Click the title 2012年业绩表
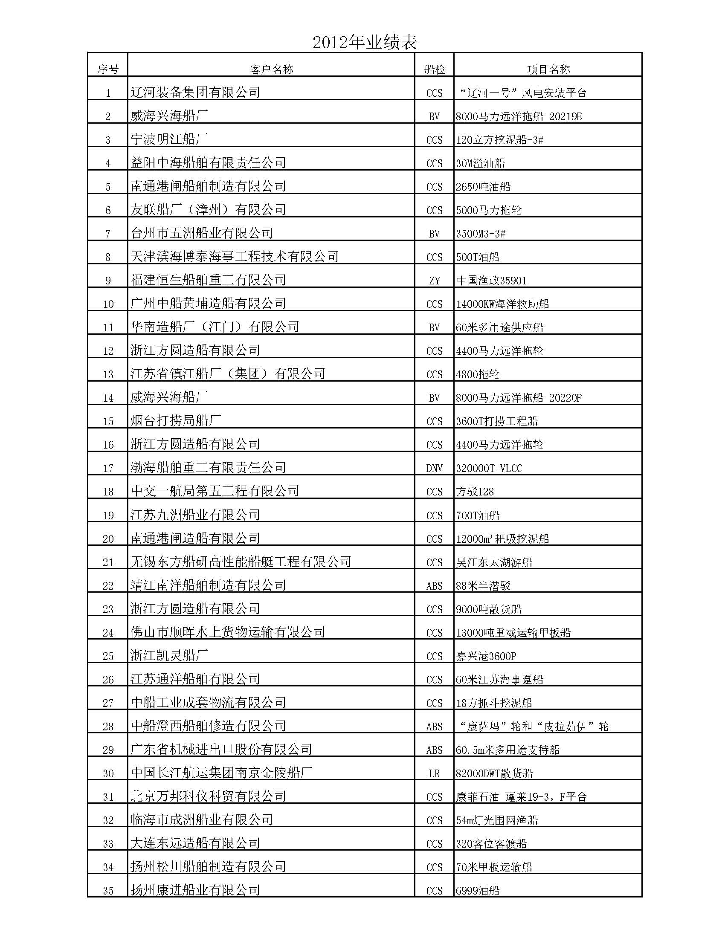pos(365,42)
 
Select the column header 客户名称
pos(271,69)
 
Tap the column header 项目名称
pos(548,69)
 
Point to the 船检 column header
pos(434,69)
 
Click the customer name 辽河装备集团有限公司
pos(195,93)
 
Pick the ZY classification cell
pos(434,281)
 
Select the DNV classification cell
pos(434,468)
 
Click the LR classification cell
pos(434,773)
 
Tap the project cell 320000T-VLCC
pos(489,468)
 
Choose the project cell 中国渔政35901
pos(491,281)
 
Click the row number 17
pos(108,468)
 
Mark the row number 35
pos(108,891)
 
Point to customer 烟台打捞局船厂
pos(176,420)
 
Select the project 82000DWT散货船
pos(494,773)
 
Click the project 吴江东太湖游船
pos(494,562)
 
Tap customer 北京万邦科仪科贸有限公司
pos(208,797)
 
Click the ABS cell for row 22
pos(434,586)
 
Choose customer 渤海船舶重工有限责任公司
pos(208,468)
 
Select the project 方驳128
pos(475,492)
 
